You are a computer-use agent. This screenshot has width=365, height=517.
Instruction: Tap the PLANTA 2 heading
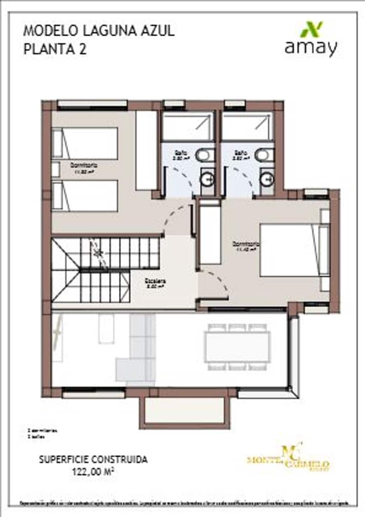pos(55,49)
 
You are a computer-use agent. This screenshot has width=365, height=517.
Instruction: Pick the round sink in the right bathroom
pos(268,178)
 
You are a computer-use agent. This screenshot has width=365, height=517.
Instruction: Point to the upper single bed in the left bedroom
pos(85,143)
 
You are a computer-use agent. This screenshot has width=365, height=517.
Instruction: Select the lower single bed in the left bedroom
pos(85,196)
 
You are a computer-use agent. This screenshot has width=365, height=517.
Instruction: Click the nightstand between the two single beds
pos(56,169)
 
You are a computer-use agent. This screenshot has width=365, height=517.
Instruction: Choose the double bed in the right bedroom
pos(295,249)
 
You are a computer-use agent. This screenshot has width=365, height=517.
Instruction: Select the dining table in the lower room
pos(238,347)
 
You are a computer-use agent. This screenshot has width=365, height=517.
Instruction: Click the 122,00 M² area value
pos(93,471)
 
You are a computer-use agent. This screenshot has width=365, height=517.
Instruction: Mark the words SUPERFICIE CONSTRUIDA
pos(93,460)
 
